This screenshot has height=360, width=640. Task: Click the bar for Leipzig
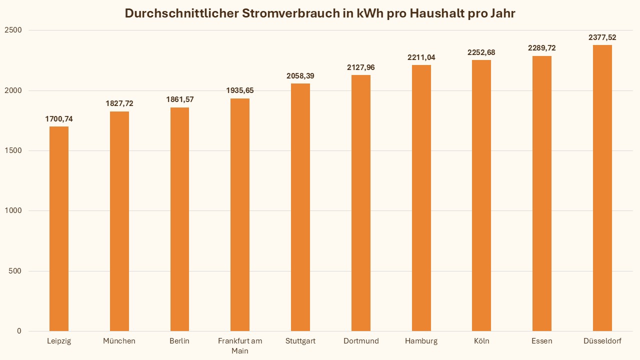click(x=59, y=228)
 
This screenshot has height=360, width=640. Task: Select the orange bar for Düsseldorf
click(x=602, y=188)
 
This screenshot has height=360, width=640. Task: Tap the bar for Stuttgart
click(x=300, y=207)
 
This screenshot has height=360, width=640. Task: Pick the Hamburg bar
click(x=421, y=198)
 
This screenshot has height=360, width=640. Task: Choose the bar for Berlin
click(x=179, y=219)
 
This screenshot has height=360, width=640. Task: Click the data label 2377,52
click(x=602, y=37)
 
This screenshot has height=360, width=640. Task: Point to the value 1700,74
click(x=59, y=119)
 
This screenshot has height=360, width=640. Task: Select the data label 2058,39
click(x=300, y=76)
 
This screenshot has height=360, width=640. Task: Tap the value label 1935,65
click(x=240, y=90)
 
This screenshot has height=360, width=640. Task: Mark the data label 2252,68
click(x=481, y=52)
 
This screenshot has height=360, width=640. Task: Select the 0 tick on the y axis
click(x=19, y=331)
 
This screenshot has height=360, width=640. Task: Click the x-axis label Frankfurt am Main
click(x=240, y=345)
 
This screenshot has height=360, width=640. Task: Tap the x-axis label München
click(x=119, y=341)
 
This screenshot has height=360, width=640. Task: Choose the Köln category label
click(x=481, y=341)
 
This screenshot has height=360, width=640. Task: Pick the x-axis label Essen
click(x=542, y=341)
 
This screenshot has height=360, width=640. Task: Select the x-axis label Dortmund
click(x=361, y=341)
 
